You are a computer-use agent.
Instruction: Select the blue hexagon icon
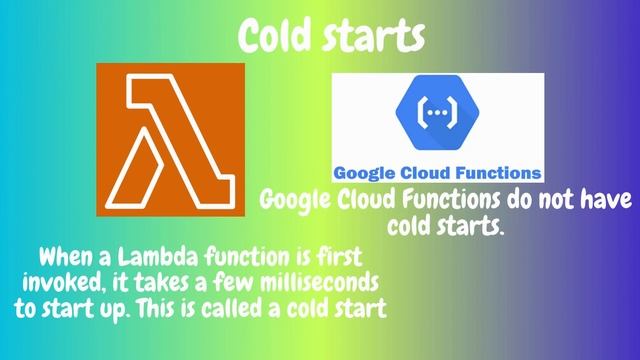[x=436, y=113]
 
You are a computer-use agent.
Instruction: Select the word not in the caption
[x=539, y=199]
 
